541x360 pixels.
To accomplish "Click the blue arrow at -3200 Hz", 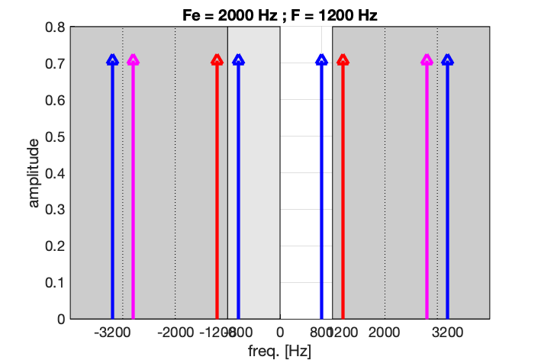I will click(112, 191).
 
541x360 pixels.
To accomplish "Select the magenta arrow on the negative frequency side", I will click(133, 191).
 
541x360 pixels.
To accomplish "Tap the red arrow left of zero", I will click(217, 191).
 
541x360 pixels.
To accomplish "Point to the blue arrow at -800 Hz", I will click(238, 191).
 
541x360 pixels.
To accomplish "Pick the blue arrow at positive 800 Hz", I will click(321, 191).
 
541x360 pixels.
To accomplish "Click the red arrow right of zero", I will click(343, 191).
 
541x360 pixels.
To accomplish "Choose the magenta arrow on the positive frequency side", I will click(427, 191).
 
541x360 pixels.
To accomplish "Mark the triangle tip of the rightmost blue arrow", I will click(447, 59).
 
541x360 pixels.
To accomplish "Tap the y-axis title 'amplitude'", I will click(34, 172).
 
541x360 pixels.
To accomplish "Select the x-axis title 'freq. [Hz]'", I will click(280, 351).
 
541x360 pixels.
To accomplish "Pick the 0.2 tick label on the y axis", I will click(55, 246).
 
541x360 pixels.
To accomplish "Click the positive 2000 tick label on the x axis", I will click(385, 333).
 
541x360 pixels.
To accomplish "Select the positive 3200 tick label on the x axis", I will click(447, 333).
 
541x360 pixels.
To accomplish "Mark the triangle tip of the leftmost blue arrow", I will click(112, 59).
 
